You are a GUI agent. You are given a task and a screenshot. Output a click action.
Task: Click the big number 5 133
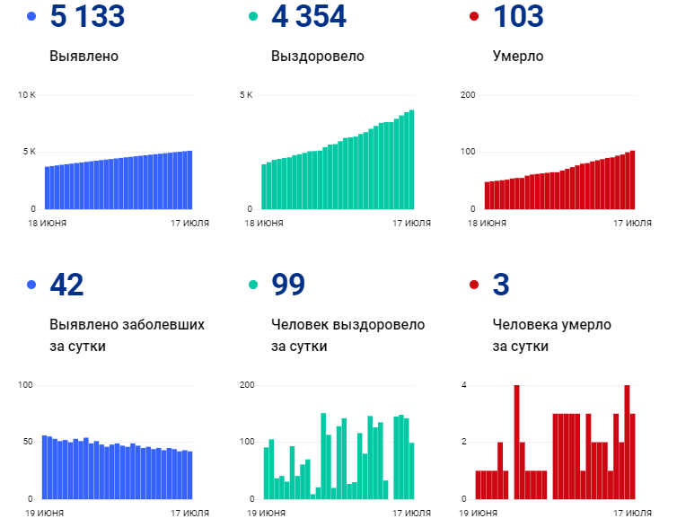pos(87,16)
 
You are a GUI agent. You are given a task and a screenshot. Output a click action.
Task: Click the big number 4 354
pos(309,16)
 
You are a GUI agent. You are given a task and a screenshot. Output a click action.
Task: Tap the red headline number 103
pos(518,16)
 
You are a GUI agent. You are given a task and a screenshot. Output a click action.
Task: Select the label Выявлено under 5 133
pos(84,57)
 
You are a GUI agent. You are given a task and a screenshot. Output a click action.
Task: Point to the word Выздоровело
pos(317,57)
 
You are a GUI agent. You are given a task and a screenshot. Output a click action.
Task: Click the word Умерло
pos(518,57)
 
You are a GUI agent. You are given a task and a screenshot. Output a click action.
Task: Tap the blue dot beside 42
pos(32,285)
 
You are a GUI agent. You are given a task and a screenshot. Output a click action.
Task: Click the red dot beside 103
pos(474,17)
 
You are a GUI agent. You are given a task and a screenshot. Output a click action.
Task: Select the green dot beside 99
pos(252,285)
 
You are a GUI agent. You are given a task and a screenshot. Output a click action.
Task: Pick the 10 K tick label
pos(26,95)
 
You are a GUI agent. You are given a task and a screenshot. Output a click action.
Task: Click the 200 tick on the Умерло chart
pos(467,95)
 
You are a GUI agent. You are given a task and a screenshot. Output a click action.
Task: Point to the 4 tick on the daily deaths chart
pos(463,385)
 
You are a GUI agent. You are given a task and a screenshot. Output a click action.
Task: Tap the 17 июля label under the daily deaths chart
pos(631,513)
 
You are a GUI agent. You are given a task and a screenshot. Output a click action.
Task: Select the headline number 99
pos(288,285)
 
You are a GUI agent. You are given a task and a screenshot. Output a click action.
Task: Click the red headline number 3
pos(501,285)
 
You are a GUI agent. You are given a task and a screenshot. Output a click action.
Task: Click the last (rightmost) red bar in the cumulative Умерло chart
pos(632,180)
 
